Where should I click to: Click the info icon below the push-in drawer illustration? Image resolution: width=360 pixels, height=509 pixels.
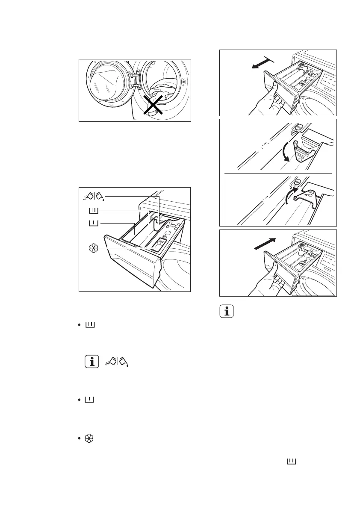[227, 312]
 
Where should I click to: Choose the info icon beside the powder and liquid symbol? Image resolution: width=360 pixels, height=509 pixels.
[90, 362]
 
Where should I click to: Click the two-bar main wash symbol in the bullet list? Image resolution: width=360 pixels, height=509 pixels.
[90, 326]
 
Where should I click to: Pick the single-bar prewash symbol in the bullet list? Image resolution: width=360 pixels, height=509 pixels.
[90, 400]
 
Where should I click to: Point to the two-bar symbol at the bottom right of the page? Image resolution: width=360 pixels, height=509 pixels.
[292, 461]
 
